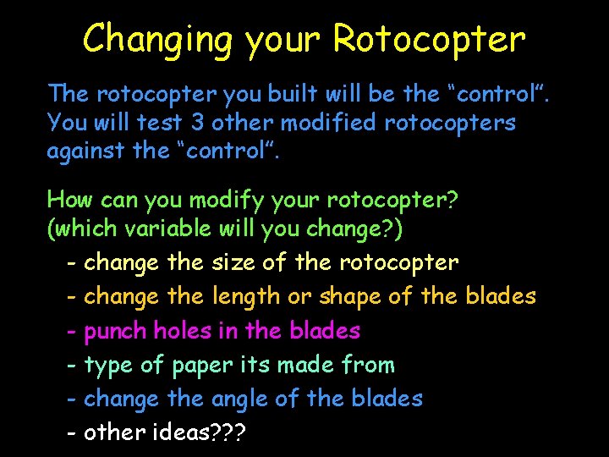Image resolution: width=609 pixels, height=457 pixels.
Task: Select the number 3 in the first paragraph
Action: point(196,123)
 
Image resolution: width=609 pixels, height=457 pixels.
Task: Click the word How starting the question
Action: point(70,201)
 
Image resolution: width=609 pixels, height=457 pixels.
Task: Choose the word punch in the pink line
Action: point(116,331)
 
